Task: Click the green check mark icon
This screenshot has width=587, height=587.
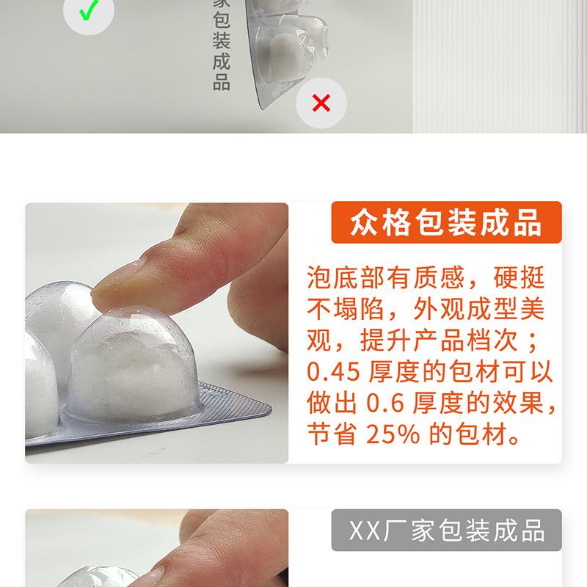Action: [x=88, y=12]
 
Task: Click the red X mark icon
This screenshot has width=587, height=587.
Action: [x=321, y=103]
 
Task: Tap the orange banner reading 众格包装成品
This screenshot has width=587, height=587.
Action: [x=445, y=222]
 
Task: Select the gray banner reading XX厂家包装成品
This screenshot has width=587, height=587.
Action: [x=445, y=531]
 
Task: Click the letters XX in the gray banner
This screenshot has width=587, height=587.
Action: [x=362, y=531]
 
